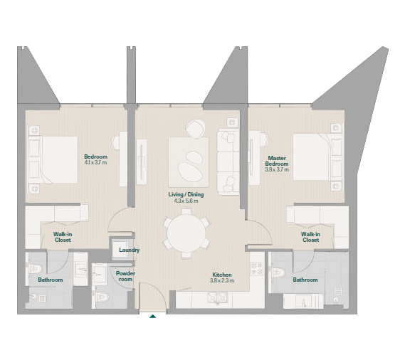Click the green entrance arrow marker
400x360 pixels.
152,317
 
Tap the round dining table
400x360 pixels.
186,233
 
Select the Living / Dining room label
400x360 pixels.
186,194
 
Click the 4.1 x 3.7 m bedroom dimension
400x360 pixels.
95,162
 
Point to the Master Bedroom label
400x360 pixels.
277,161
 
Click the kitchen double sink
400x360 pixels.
217,297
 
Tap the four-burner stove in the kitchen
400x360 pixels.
257,268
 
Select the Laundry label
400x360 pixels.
129,250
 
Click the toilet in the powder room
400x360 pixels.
102,297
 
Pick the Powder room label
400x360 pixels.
125,276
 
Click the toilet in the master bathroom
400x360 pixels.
278,272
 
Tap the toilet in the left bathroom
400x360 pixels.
36,268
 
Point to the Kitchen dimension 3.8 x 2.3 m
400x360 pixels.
222,281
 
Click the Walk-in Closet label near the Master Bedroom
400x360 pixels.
310,237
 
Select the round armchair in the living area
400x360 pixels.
195,129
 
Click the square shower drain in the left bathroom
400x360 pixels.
42,299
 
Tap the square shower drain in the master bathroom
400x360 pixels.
338,291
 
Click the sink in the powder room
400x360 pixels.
99,274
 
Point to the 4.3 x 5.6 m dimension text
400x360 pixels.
186,201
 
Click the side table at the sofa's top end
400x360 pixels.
232,122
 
